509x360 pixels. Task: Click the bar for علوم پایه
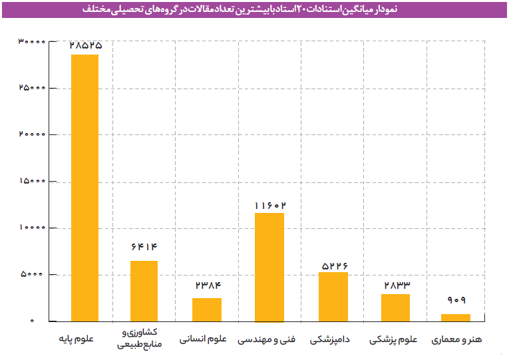[x=85, y=188]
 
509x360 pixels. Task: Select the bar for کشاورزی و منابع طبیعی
[x=144, y=291]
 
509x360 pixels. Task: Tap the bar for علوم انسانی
[x=207, y=309]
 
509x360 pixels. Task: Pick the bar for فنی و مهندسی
[x=269, y=267]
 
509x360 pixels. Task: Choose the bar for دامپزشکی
[x=333, y=296]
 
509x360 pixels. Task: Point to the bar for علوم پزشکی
[x=395, y=307]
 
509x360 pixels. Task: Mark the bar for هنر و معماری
[x=456, y=317]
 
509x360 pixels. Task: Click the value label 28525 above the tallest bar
[x=85, y=45]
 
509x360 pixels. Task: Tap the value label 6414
[x=144, y=247]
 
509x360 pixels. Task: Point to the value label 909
[x=456, y=300]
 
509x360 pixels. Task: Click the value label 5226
[x=333, y=265]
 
